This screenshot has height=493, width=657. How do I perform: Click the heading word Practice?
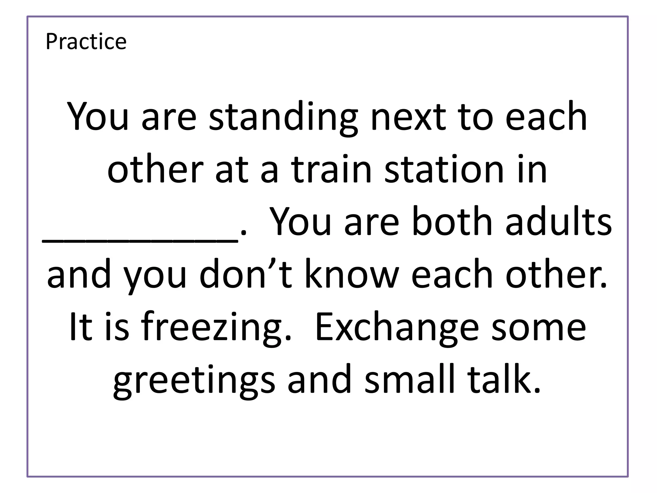[86, 41]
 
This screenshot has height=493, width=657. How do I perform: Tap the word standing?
[283, 117]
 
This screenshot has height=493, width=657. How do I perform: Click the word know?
[352, 274]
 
